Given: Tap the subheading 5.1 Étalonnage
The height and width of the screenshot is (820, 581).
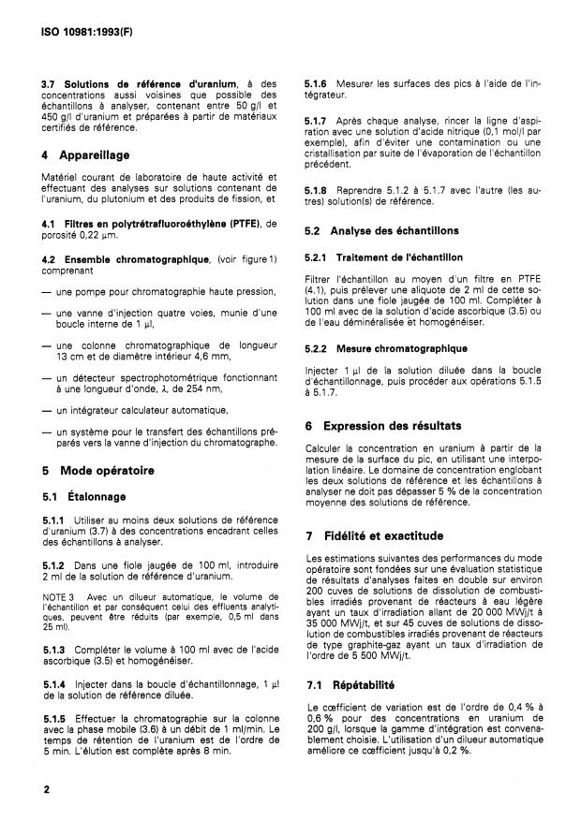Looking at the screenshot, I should [83, 496].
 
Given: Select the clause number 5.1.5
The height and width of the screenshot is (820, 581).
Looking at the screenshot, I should [54, 718].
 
